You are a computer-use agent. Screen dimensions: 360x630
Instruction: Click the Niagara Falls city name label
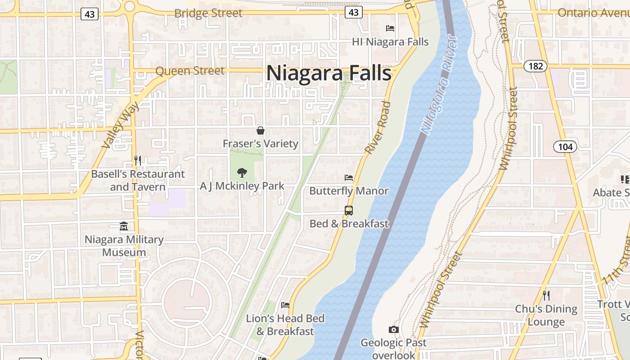click(x=329, y=73)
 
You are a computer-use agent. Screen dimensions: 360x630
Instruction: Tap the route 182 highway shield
click(x=535, y=66)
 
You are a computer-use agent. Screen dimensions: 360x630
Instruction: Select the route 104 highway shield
click(x=565, y=147)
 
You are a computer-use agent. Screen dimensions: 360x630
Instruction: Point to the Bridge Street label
click(x=208, y=13)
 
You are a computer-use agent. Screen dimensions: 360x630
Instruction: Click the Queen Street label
click(x=189, y=71)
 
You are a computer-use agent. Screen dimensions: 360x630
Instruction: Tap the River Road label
click(x=377, y=128)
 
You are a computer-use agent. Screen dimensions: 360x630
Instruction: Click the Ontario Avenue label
click(x=593, y=13)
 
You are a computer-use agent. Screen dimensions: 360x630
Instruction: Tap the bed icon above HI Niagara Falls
click(x=390, y=28)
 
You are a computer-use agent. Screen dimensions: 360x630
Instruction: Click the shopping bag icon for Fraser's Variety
click(x=261, y=131)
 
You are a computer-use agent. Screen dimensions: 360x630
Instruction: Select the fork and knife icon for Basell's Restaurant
click(x=138, y=160)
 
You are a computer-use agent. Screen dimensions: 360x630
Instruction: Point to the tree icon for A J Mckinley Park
click(x=242, y=172)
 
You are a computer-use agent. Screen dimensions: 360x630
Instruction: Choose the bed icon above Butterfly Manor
click(x=349, y=178)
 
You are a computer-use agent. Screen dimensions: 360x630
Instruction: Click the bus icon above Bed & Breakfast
click(x=349, y=210)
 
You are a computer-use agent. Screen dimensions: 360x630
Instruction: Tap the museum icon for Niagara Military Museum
click(x=124, y=226)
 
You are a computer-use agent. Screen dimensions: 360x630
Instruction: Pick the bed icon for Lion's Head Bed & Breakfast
click(x=285, y=305)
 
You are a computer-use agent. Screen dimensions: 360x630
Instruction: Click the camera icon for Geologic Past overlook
click(x=394, y=330)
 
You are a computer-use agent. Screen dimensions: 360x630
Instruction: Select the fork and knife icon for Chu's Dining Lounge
click(x=546, y=296)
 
